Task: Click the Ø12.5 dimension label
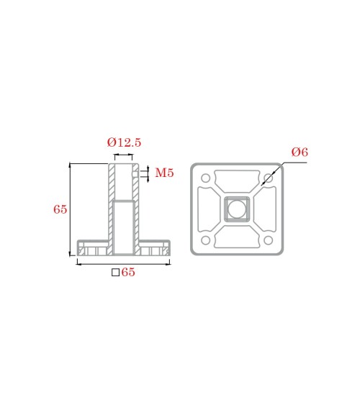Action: [124, 142]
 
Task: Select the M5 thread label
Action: [164, 173]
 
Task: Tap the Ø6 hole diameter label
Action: [300, 152]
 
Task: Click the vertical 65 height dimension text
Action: [60, 209]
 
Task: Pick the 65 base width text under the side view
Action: [128, 272]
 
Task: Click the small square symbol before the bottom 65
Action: [115, 273]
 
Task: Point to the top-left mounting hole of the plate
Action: [206, 178]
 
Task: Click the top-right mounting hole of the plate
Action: [269, 178]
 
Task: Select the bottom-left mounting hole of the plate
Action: [206, 240]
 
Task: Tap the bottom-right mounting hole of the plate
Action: [269, 240]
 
